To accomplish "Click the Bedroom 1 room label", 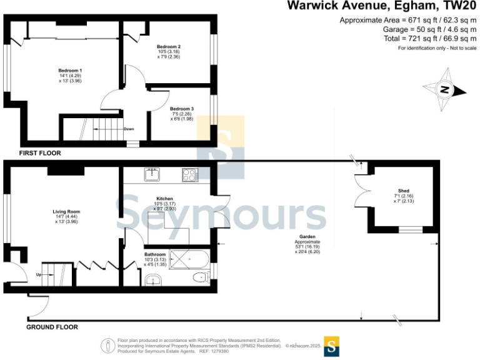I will point(70,71).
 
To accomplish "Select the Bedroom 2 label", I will point(168,47).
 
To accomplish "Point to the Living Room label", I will point(66,211).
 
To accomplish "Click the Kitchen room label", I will point(164,198).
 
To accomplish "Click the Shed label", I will point(404,191).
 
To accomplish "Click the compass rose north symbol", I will point(444,90).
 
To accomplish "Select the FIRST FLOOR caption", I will point(40,152).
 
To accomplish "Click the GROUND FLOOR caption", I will point(52,327).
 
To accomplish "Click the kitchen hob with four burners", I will point(190,175).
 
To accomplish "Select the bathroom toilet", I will point(199,277).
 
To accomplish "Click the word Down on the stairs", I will point(129,129).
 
